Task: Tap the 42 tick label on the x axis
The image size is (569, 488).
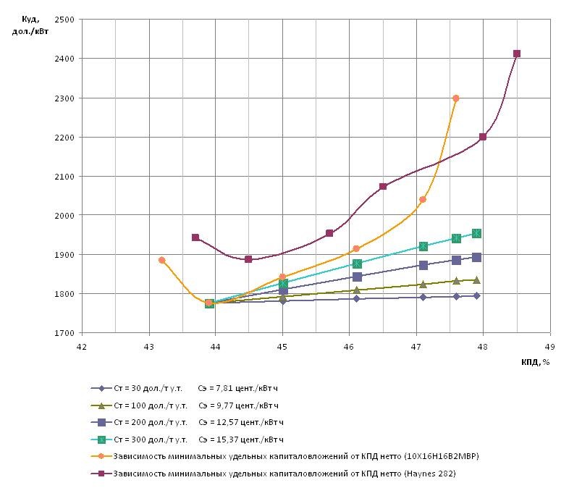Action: coord(82,346)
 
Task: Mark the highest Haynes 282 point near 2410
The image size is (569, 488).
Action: coord(517,54)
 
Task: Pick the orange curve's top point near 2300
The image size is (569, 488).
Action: coord(455,98)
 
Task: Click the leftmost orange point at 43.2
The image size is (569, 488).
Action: coord(162,260)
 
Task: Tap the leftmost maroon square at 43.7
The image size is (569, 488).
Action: coord(195,237)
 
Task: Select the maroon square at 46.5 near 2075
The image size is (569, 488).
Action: coord(383,187)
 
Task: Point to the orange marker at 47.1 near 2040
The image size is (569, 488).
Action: coord(423,199)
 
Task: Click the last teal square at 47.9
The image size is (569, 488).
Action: coord(476,233)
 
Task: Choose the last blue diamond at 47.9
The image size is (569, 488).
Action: coord(476,295)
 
